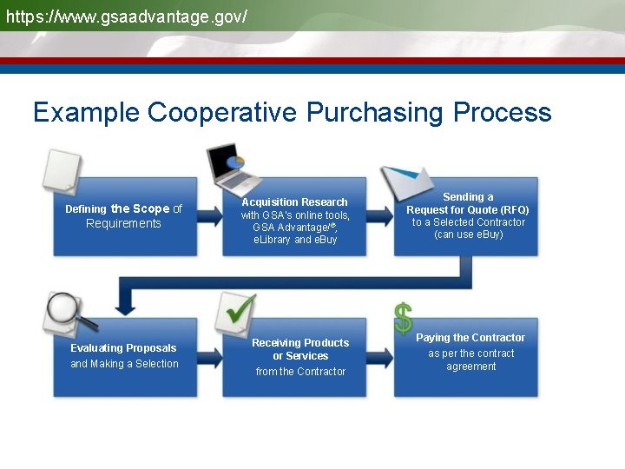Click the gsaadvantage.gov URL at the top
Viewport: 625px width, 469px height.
pyautogui.click(x=127, y=17)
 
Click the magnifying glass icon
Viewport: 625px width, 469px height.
pyautogui.click(x=68, y=314)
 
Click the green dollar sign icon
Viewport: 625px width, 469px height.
pyautogui.click(x=403, y=319)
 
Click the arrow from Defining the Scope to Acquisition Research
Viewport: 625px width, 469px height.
pyautogui.click(x=209, y=216)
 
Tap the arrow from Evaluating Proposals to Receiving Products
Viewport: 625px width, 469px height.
pyautogui.click(x=209, y=357)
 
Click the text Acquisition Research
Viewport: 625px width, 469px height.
pyautogui.click(x=294, y=202)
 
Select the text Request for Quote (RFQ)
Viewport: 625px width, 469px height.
pyautogui.click(x=468, y=209)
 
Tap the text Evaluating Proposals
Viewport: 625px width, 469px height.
pyautogui.click(x=123, y=348)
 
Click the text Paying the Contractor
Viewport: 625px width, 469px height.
pyautogui.click(x=470, y=338)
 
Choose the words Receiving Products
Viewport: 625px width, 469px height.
pyautogui.click(x=300, y=343)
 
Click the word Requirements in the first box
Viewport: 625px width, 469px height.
pyautogui.click(x=123, y=224)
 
